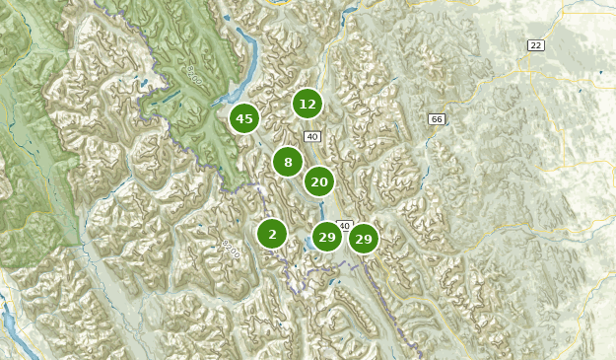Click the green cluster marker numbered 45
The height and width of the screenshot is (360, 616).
tap(244, 119)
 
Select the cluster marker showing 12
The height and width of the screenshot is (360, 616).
tap(308, 104)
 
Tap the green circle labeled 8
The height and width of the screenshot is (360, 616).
tap(288, 163)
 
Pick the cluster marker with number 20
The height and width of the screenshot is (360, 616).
tap(318, 181)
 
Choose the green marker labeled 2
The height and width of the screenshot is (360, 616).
tap(272, 235)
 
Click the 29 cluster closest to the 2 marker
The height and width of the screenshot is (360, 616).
tap(326, 238)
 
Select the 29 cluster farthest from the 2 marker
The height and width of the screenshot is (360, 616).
tap(363, 239)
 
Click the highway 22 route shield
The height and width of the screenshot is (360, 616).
tap(535, 45)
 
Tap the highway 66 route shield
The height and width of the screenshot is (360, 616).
tap(437, 119)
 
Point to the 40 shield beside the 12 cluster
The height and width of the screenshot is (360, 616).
tap(312, 136)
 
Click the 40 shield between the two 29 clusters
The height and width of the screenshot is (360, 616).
tap(344, 226)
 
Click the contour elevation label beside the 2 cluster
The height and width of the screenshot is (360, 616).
tap(230, 244)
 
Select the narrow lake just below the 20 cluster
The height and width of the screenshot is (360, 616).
tap(322, 208)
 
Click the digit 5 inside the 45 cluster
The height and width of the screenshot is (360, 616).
tap(249, 119)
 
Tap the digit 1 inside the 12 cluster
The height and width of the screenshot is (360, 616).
tap(303, 104)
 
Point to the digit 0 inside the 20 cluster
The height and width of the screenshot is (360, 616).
tap(323, 181)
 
